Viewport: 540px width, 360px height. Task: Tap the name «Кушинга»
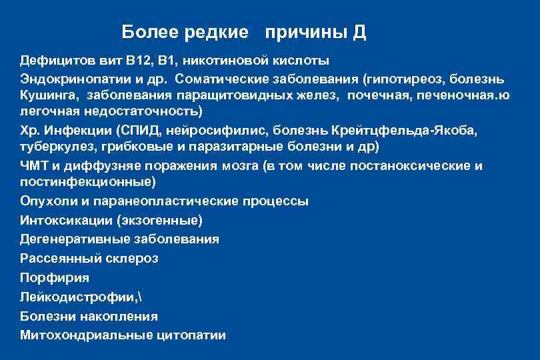48,95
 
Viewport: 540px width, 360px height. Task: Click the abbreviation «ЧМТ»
33,165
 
